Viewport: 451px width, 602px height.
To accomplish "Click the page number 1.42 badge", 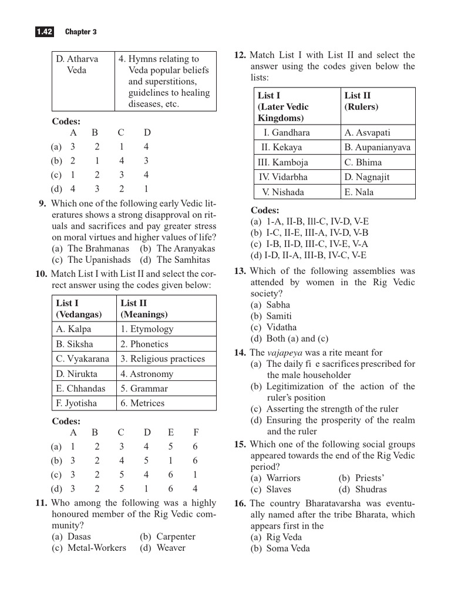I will click(x=44, y=32).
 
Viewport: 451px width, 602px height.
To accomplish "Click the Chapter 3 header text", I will click(x=80, y=32).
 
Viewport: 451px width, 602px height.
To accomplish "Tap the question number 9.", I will click(x=42, y=204).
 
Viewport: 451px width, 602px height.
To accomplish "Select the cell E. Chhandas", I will click(x=81, y=389).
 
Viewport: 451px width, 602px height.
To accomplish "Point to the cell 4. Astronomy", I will click(x=147, y=374).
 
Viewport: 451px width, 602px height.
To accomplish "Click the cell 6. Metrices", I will click(x=143, y=403).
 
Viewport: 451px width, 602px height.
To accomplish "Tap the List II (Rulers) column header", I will click(x=361, y=101).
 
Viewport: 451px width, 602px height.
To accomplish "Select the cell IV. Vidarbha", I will click(x=284, y=177).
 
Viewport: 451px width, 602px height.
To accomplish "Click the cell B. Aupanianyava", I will click(x=377, y=148).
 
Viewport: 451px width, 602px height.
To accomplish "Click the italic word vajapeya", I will click(x=284, y=353).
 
